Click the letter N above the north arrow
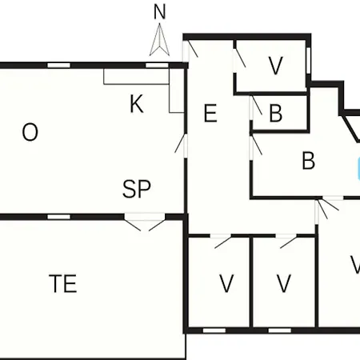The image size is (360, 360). [160, 12]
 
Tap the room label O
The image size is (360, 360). [30, 132]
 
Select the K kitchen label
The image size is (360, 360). [137, 104]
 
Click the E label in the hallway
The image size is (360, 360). [210, 114]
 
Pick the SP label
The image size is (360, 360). [137, 189]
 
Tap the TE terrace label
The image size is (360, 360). [63, 284]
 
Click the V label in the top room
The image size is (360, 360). [275, 66]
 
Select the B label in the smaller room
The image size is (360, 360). [276, 114]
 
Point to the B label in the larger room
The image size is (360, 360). [309, 161]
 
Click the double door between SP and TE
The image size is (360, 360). [145, 222]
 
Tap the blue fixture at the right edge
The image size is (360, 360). [358, 169]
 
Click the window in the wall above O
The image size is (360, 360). [58, 66]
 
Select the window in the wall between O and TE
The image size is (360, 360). [59, 217]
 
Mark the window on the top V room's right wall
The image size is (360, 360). [309, 61]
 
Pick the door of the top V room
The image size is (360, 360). [239, 58]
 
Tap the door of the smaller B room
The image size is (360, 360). [256, 106]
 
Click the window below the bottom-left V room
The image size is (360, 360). [214, 330]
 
